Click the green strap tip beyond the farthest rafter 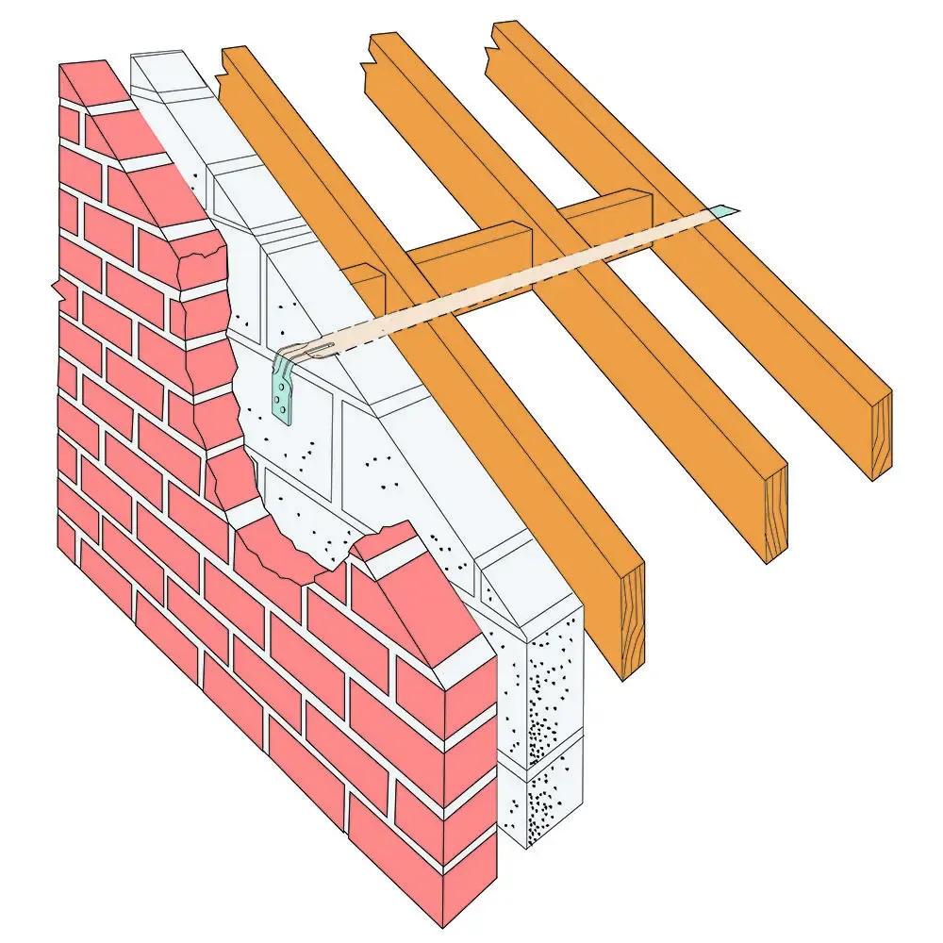[731, 211]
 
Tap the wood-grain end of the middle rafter [775, 515]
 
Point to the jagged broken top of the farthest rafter [505, 40]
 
